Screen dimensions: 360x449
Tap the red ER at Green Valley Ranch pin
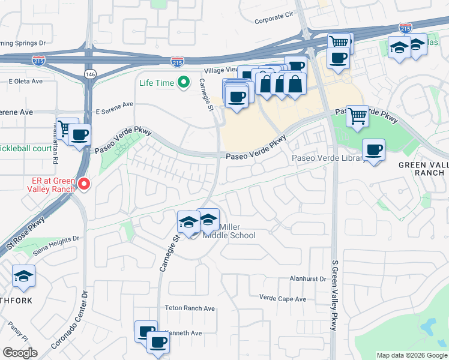tap(84, 184)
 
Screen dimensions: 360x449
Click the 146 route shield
tap(90, 74)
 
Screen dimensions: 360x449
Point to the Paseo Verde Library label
tap(328, 158)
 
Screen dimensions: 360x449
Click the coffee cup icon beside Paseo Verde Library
tap(374, 149)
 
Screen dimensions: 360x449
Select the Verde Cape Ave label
tap(282, 298)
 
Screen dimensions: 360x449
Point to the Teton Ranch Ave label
tap(190, 308)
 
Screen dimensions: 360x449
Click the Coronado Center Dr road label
tap(74, 319)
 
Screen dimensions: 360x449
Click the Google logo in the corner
tap(20, 353)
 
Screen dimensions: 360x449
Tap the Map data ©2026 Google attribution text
tap(411, 355)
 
